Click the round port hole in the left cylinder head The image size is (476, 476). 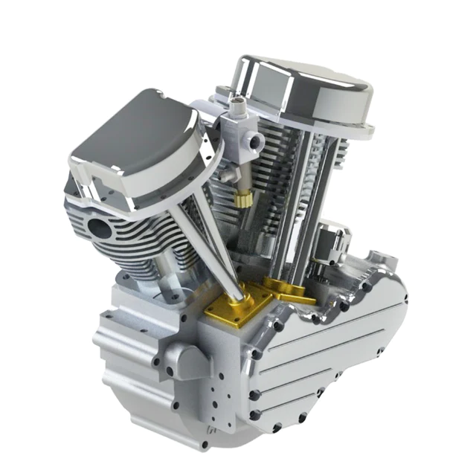tap(97, 227)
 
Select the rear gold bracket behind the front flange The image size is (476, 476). tap(286, 294)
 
